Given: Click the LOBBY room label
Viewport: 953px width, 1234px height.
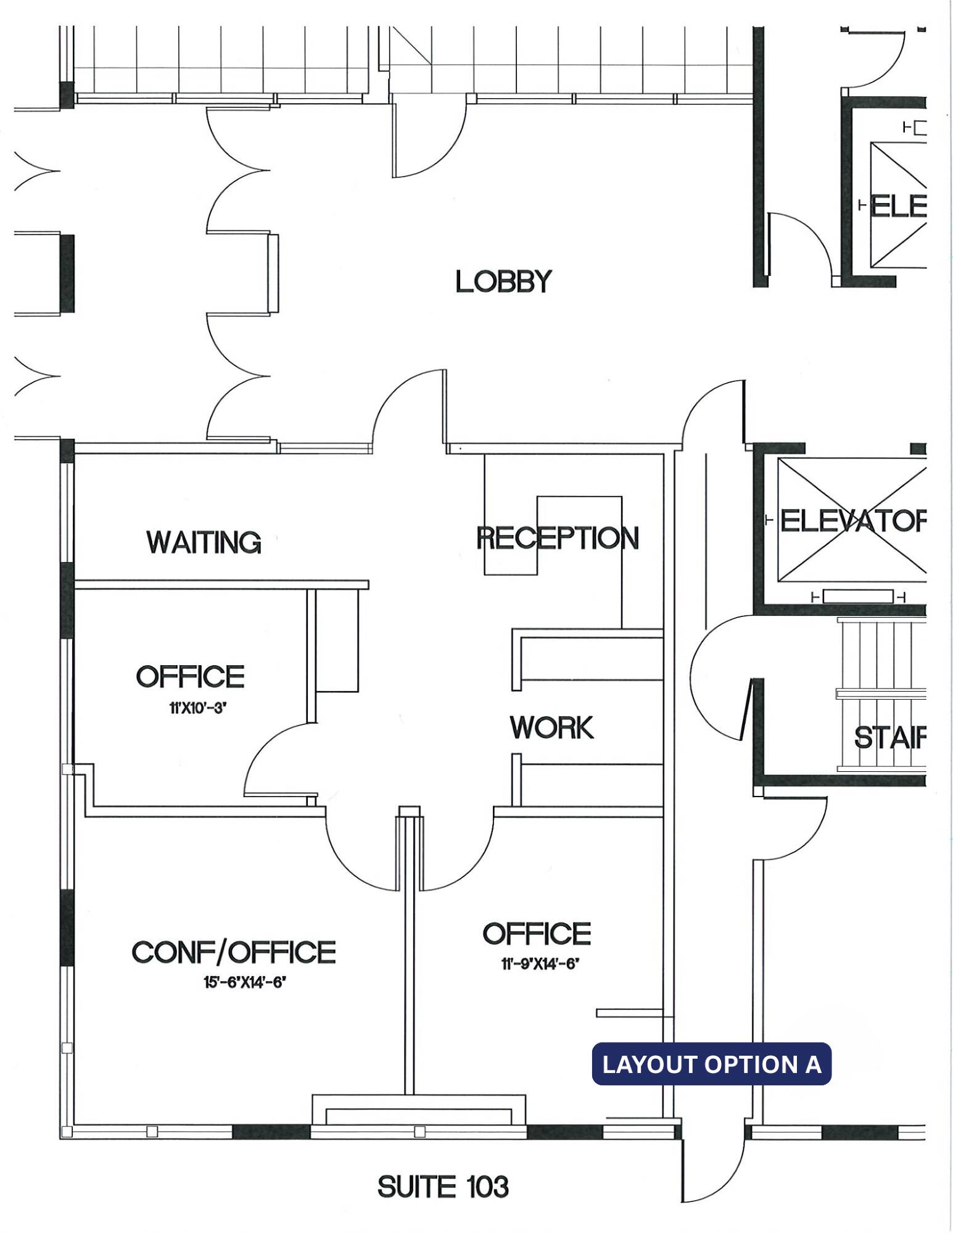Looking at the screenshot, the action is pos(503,282).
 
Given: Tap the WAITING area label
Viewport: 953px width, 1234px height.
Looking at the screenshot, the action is pos(204,542).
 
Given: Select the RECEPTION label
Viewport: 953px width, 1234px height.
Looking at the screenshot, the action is pos(558,538).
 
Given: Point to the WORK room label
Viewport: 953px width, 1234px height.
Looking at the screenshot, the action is pos(551,727).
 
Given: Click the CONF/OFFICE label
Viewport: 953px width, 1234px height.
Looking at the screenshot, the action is pos(234,952).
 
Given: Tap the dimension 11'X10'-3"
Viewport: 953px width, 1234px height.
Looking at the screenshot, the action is pos(190,709).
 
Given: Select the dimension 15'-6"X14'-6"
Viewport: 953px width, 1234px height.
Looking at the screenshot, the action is pos(245,982).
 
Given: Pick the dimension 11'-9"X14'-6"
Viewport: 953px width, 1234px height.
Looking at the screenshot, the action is pos(540,964).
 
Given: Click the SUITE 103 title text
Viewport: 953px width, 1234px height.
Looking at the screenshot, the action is pos(443,1186).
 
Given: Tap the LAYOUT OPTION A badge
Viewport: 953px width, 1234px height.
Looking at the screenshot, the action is pos(712,1064).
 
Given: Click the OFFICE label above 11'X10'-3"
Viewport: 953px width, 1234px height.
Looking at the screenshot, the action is pos(190,677).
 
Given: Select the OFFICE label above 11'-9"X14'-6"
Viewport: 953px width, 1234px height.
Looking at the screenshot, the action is pos(537,934).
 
